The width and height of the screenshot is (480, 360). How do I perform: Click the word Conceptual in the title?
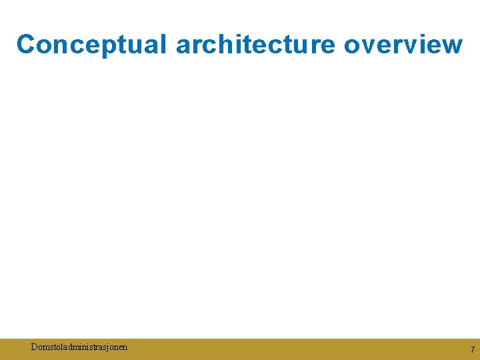pos(93,44)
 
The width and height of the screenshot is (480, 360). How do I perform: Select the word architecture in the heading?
pos(257,44)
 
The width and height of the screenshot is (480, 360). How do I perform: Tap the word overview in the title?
pos(403,44)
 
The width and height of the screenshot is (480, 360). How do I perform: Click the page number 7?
pos(472,349)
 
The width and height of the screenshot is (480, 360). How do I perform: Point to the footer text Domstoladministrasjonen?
pos(79,347)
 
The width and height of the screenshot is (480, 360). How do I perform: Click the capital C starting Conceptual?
pos(26,44)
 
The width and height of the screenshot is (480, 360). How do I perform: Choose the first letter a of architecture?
pos(184,45)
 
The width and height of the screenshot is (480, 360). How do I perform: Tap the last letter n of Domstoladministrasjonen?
pos(125,347)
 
